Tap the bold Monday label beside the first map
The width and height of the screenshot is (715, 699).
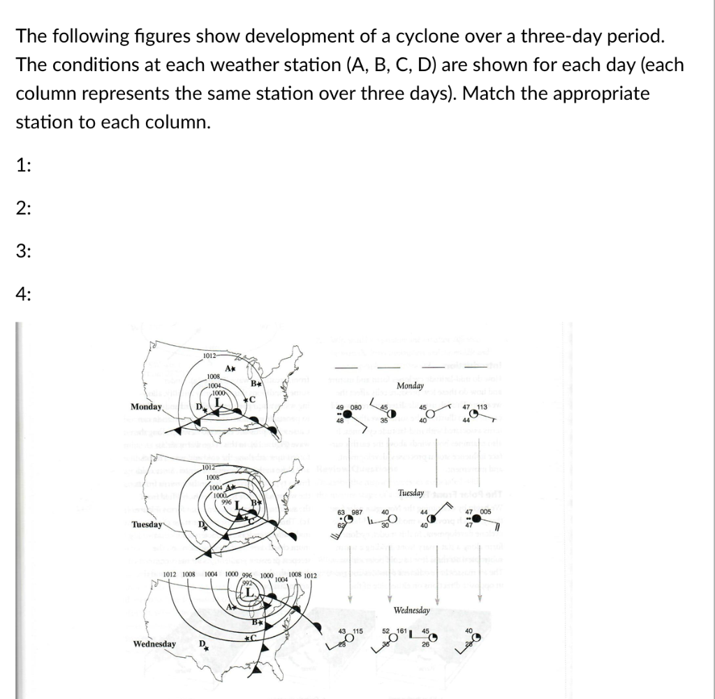[147, 407]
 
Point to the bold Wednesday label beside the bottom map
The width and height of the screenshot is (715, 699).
[154, 643]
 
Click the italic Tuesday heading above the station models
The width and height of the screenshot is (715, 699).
[411, 493]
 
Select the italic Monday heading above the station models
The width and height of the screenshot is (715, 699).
[410, 386]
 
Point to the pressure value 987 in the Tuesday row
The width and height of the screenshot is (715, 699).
[355, 513]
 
